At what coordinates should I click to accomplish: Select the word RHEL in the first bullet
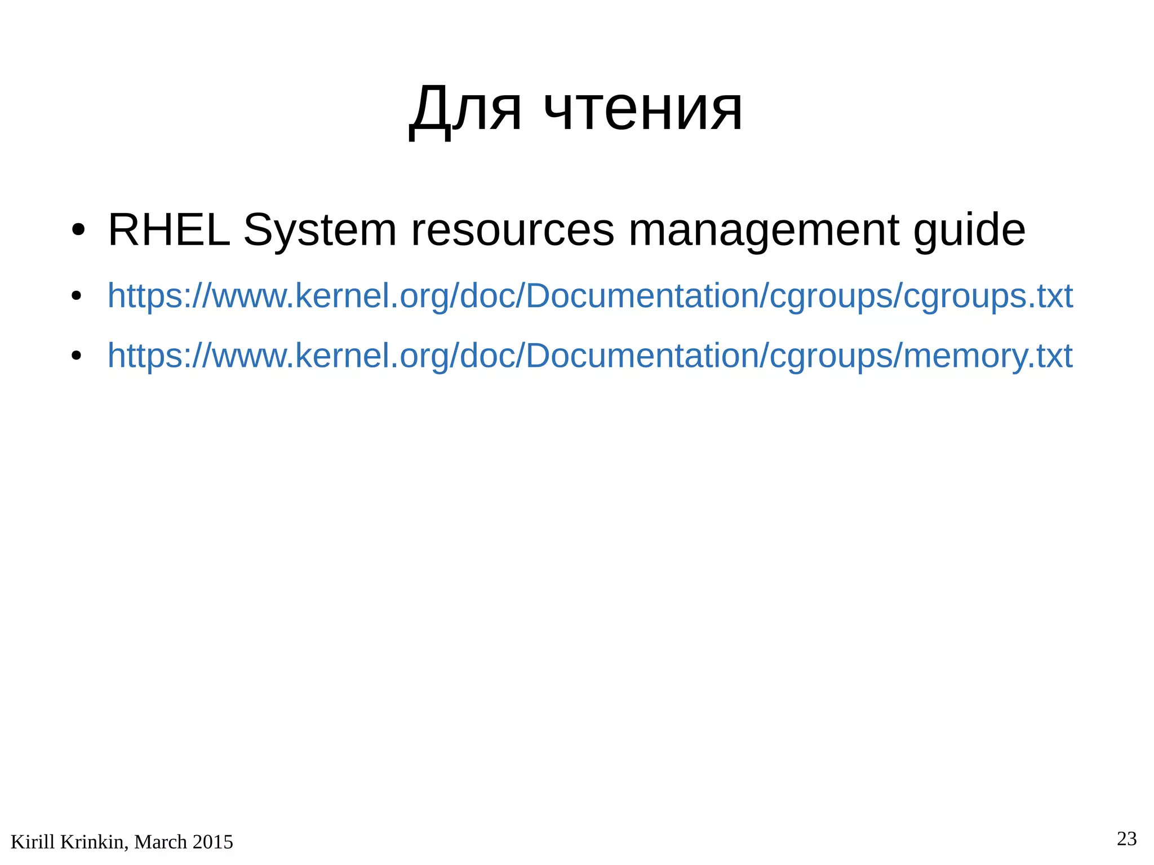tap(168, 230)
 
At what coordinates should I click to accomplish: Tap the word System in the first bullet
tap(319, 230)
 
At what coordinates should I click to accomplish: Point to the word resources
tap(512, 230)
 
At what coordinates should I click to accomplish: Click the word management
tap(764, 230)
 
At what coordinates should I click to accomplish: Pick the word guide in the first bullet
tap(969, 230)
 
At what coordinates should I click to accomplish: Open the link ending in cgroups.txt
tap(589, 296)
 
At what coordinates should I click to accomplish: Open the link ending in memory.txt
tap(589, 356)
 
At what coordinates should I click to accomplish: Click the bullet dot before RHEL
tap(78, 230)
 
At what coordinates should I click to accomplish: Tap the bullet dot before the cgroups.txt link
tap(77, 296)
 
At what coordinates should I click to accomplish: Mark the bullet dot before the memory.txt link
tap(77, 357)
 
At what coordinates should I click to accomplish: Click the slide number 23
tap(1126, 839)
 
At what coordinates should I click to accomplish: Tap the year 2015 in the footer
tap(212, 842)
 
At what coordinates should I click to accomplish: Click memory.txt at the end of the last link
tap(987, 356)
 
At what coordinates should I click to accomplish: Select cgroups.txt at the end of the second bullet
tap(988, 296)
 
